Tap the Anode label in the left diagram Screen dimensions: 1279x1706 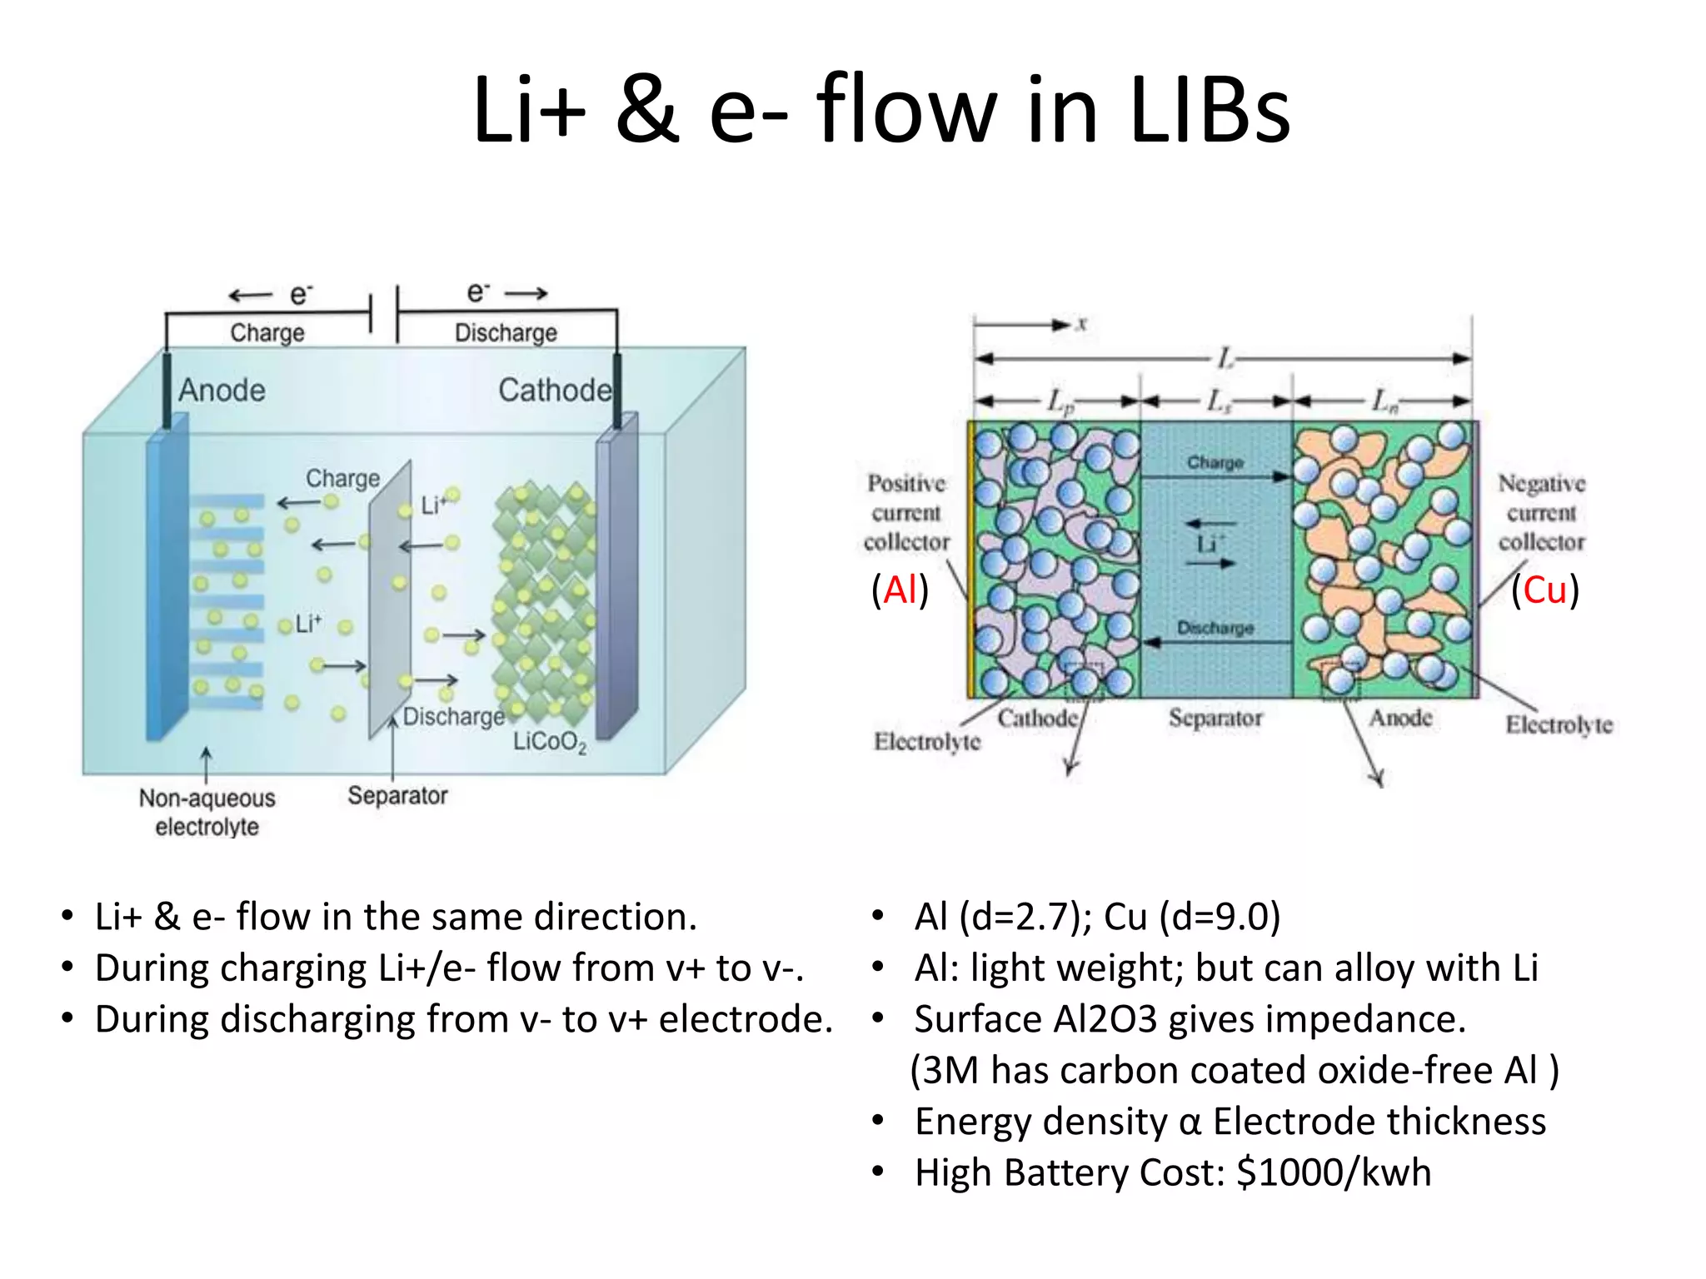[x=222, y=390]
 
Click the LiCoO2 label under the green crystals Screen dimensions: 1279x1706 [x=549, y=741]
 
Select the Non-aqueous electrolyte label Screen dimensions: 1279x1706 [x=207, y=812]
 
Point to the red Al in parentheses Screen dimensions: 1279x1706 [x=900, y=590]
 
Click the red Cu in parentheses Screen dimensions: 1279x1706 [x=1544, y=590]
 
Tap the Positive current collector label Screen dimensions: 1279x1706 [x=906, y=512]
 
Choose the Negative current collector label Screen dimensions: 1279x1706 [x=1541, y=512]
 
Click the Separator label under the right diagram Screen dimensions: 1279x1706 [x=1215, y=717]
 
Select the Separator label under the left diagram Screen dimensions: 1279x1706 [x=397, y=795]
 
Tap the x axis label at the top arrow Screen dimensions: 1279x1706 [x=1081, y=324]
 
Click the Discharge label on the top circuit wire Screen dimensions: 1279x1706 [x=506, y=333]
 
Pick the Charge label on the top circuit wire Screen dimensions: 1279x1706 [x=267, y=333]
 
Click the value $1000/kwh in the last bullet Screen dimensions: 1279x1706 [x=1334, y=1172]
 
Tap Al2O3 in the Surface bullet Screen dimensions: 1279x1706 [x=1105, y=1019]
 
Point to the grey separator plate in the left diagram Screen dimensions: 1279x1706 [x=390, y=600]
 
